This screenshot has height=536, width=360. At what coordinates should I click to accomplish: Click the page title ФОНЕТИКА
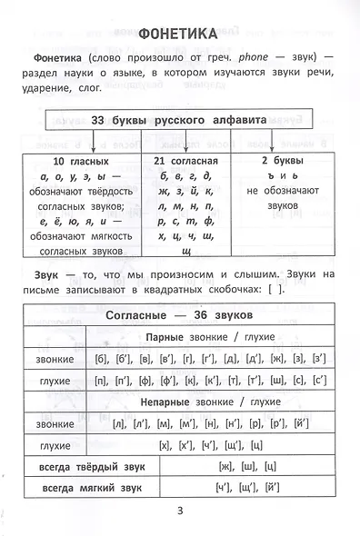(179, 35)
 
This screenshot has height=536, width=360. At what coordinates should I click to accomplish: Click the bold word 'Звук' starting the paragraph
(43, 274)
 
